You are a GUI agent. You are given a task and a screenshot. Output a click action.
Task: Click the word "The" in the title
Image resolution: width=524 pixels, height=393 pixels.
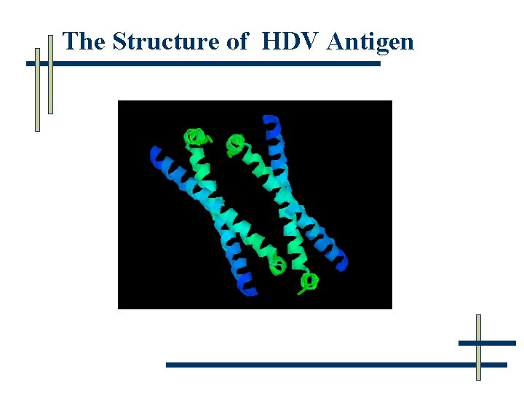pyautogui.click(x=84, y=41)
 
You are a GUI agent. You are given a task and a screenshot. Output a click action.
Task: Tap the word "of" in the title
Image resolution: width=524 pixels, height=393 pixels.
pyautogui.click(x=238, y=41)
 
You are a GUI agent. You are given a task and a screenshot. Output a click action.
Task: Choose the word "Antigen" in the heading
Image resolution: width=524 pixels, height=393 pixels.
pyautogui.click(x=370, y=41)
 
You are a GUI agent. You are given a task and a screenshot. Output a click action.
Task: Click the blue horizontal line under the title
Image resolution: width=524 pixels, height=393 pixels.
pyautogui.click(x=218, y=64)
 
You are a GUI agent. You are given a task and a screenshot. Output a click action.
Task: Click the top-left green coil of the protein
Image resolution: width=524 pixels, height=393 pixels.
pyautogui.click(x=194, y=137)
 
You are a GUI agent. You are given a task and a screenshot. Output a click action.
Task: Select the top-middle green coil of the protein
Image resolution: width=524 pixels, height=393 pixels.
pyautogui.click(x=235, y=143)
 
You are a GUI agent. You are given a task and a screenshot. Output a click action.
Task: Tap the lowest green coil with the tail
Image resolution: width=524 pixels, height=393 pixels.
pyautogui.click(x=310, y=281)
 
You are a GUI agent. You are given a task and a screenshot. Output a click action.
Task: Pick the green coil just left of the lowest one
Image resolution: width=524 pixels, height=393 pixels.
pyautogui.click(x=277, y=266)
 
